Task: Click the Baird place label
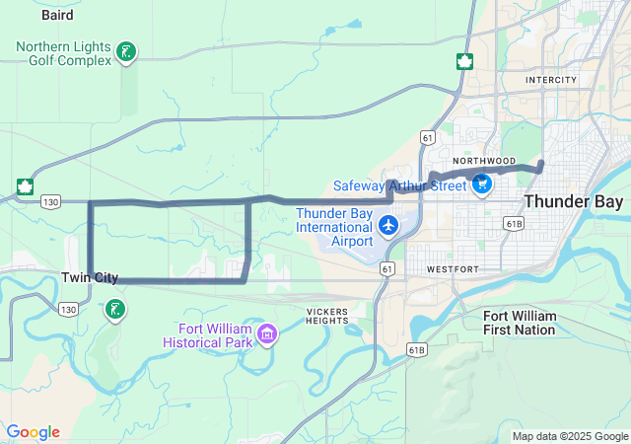tap(58, 15)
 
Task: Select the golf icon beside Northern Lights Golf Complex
tap(125, 51)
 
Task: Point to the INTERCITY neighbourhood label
tap(550, 79)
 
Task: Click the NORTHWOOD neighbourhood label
tap(484, 160)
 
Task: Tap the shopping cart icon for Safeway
tap(482, 184)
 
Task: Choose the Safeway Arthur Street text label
tap(399, 185)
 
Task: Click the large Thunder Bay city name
tap(573, 201)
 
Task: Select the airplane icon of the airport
tap(388, 227)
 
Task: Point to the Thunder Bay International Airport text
tap(335, 227)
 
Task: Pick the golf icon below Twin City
tap(115, 310)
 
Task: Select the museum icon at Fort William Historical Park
tap(266, 336)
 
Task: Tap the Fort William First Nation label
tap(521, 323)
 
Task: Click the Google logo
tap(33, 432)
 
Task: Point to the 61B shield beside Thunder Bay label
tap(513, 224)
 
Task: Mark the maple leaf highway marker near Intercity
tap(462, 62)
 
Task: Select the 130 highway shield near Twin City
tap(67, 309)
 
